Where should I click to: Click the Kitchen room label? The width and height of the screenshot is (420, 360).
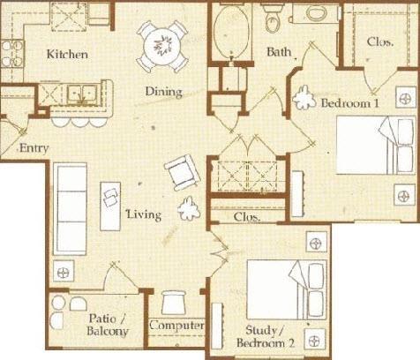point(67,55)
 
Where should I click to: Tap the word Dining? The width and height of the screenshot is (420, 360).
point(164,92)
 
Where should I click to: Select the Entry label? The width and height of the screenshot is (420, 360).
point(34,148)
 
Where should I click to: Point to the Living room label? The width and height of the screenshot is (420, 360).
point(144,214)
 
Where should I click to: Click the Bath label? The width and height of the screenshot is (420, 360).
point(279,52)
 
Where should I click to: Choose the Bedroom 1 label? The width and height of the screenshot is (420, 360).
point(349,103)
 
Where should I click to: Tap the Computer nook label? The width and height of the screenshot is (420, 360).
point(176,326)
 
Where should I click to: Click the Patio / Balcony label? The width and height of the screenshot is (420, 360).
point(108,325)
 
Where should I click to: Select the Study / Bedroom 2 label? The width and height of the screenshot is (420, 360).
point(266,336)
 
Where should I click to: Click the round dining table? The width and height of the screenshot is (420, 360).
point(162,46)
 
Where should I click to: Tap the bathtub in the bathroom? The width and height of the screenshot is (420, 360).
point(230,32)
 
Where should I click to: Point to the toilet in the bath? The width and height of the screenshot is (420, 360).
point(273,17)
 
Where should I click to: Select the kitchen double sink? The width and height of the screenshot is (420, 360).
point(82,94)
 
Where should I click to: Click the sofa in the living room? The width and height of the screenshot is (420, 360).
point(71,209)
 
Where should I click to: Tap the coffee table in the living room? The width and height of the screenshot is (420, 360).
point(110,206)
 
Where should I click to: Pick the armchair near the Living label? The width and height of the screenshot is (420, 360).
point(183,173)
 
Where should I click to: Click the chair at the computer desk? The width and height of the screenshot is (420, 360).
point(174,303)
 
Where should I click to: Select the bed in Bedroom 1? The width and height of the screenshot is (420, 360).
point(376,145)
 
